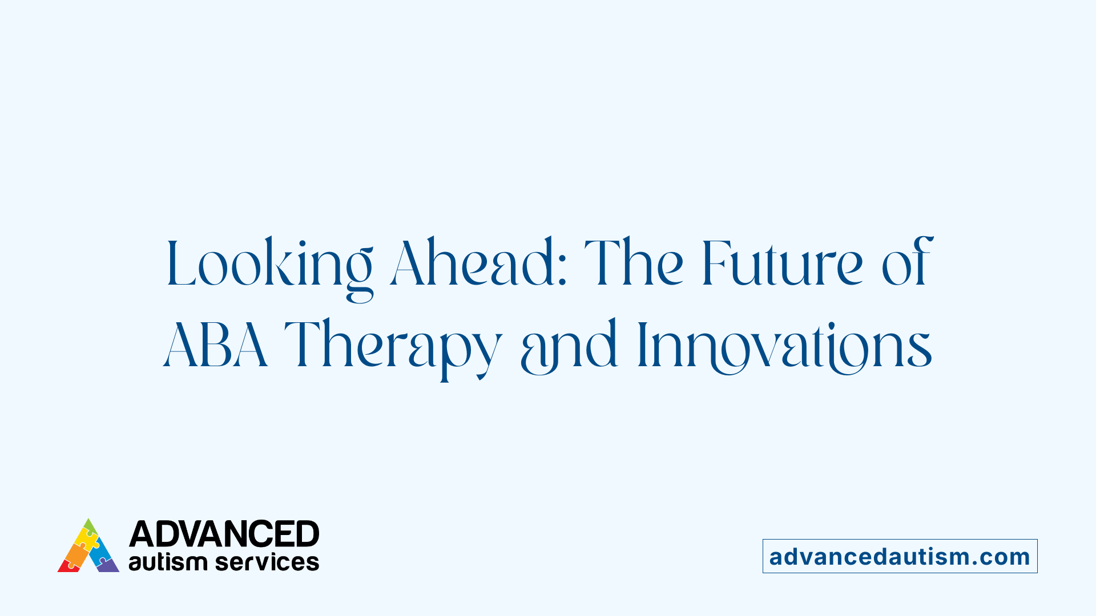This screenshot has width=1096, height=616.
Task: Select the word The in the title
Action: click(634, 264)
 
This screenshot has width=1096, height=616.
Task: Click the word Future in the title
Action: click(782, 264)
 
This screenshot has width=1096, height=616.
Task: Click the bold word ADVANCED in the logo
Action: click(224, 534)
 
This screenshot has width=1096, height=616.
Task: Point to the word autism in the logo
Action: click(167, 562)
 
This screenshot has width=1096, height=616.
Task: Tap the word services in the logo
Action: click(267, 562)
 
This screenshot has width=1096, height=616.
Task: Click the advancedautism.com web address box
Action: click(900, 556)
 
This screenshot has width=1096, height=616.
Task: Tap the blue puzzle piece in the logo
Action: click(101, 550)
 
